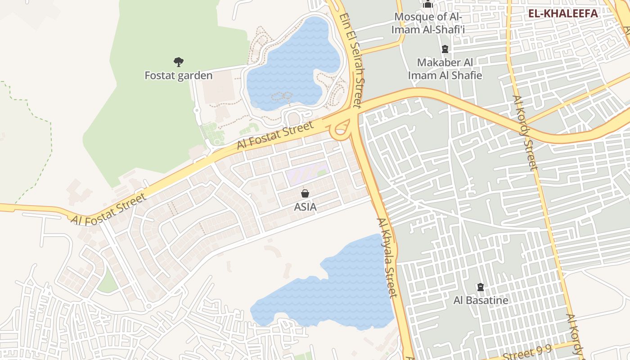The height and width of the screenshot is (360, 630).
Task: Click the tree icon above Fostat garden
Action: click(179, 62)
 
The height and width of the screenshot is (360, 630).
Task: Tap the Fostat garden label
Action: click(179, 75)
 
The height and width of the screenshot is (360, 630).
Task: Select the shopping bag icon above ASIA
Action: click(305, 193)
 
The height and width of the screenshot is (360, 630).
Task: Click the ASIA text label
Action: click(305, 207)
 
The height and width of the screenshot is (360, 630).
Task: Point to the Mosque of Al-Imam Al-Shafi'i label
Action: click(428, 23)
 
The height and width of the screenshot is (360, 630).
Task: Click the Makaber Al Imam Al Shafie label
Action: click(445, 69)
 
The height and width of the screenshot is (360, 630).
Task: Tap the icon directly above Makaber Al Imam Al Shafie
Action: click(445, 49)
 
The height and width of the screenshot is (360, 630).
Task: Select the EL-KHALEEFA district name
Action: click(563, 13)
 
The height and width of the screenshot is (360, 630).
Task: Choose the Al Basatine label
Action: click(481, 300)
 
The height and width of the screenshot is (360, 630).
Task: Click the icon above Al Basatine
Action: click(481, 287)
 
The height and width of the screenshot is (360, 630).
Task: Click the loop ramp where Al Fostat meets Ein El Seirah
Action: click(341, 129)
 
